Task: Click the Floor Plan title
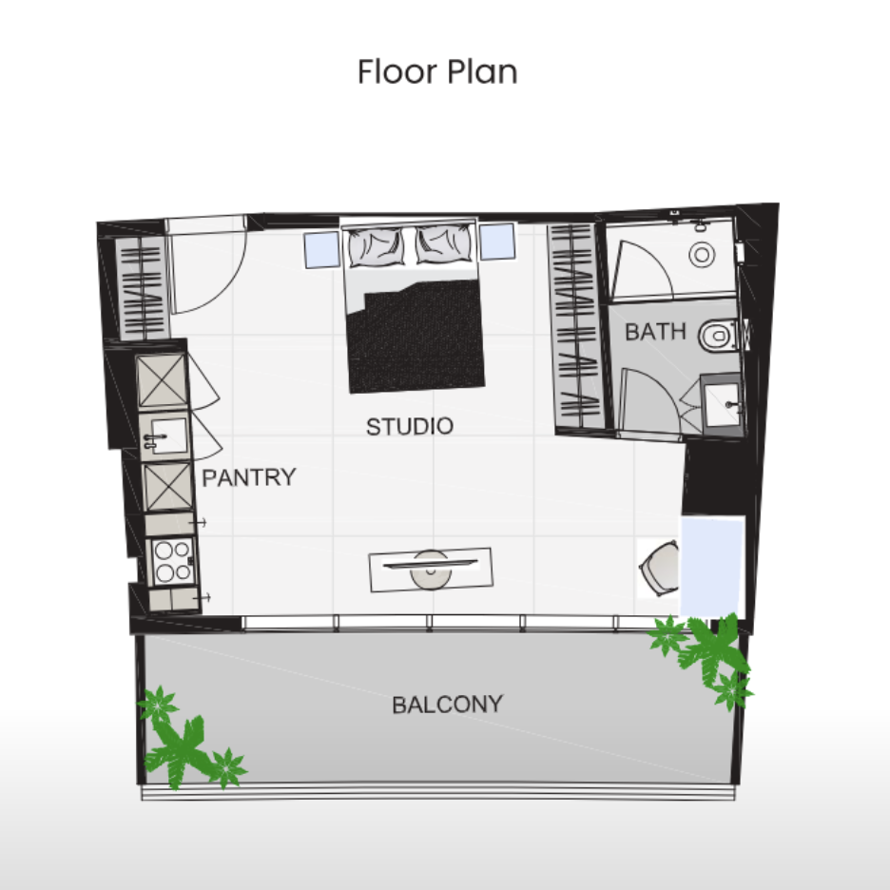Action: (x=437, y=72)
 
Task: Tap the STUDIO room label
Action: (x=410, y=426)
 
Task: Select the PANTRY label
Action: (x=249, y=477)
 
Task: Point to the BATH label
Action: (x=655, y=332)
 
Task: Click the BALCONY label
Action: (x=448, y=705)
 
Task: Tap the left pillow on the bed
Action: (x=377, y=246)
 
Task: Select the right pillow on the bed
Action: (x=444, y=244)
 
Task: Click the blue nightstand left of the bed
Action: (x=321, y=249)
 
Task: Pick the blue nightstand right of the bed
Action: (x=497, y=242)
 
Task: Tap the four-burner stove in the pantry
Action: (x=172, y=561)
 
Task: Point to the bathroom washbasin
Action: (x=723, y=403)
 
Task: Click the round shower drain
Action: (x=702, y=255)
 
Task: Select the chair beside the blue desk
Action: (x=660, y=569)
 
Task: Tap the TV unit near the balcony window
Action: (x=431, y=570)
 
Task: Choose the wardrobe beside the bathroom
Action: (x=575, y=326)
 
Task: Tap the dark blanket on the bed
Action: (x=417, y=336)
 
